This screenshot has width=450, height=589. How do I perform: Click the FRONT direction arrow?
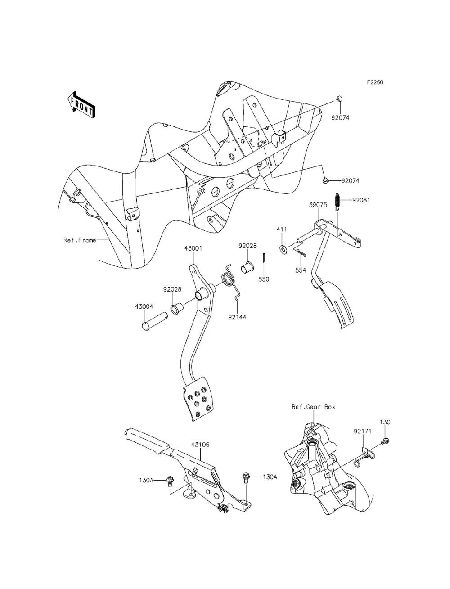pos(81,105)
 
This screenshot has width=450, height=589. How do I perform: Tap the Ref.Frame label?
pos(79,240)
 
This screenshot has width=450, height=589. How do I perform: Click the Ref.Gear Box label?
pos(313,407)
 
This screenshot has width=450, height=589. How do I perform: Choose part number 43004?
pos(144,306)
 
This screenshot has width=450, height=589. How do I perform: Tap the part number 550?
pos(263,279)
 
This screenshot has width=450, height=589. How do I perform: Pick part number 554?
pos(300,270)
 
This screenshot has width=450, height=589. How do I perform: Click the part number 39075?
pos(318,205)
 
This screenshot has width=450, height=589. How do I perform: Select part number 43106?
pos(200,444)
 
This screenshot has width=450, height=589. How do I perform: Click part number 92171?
pos(362,431)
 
